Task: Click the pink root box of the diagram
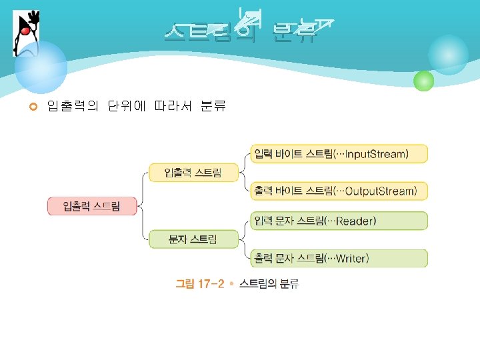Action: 92,206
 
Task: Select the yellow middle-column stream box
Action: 194,173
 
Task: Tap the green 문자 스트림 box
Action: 193,239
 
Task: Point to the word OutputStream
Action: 382,191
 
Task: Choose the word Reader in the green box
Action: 356,221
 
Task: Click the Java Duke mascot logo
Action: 25,33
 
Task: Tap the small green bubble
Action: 423,81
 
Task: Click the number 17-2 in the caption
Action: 209,285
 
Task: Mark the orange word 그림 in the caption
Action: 185,285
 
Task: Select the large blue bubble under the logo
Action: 41,67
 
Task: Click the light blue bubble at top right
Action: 448,55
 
